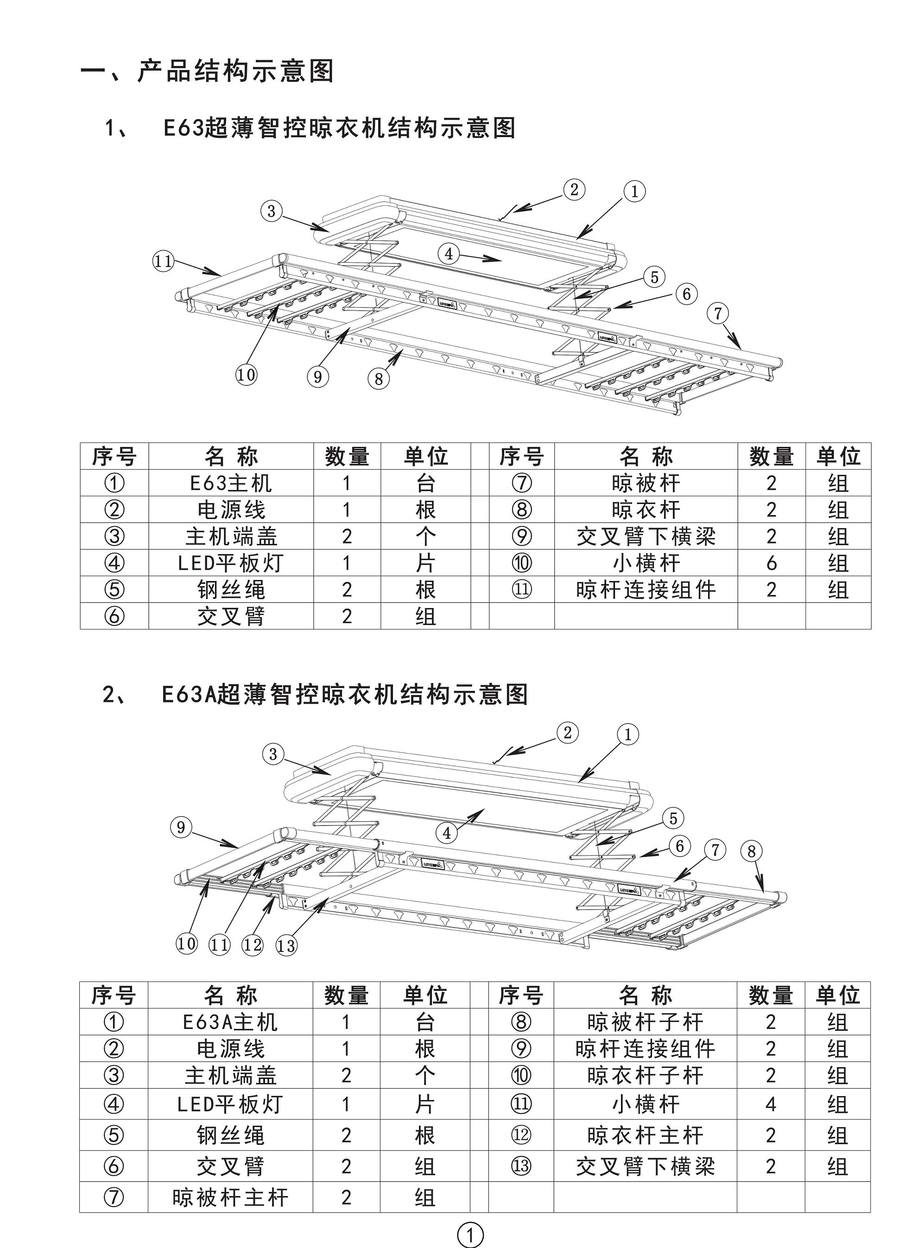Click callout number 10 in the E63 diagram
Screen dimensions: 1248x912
click(246, 375)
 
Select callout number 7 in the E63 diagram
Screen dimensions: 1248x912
click(718, 313)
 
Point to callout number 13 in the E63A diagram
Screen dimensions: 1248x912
click(286, 945)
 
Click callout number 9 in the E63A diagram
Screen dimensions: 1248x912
click(181, 827)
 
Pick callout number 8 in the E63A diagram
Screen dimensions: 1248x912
click(751, 851)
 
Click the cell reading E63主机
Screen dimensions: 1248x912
click(231, 483)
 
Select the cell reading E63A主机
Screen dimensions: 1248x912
click(230, 1022)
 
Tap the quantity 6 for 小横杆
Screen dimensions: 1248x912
click(771, 563)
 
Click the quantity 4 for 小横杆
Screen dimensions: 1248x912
click(771, 1104)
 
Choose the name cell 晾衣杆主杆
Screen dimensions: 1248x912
click(646, 1135)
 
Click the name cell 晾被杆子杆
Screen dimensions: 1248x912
click(646, 1022)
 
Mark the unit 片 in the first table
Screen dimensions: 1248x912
click(425, 563)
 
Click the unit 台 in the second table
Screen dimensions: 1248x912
click(425, 1022)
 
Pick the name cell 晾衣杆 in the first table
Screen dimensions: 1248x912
click(646, 510)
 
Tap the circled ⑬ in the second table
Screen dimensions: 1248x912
click(521, 1166)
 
